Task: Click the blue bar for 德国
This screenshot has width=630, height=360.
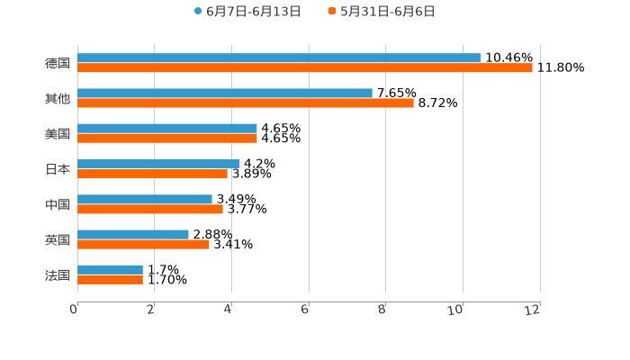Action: point(279,58)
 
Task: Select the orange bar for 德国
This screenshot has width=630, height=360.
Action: point(305,68)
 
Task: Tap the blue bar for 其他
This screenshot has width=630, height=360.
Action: point(225,94)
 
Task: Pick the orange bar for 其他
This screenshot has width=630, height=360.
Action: point(246,103)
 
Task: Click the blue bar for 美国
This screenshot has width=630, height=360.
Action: point(167,129)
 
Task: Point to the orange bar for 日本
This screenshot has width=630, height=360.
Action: point(153,174)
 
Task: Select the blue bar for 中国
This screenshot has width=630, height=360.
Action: point(145,200)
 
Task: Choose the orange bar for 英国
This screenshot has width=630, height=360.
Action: point(144,244)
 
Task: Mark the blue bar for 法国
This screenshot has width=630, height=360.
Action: point(111,270)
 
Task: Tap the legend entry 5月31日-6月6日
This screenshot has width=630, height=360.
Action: point(387,12)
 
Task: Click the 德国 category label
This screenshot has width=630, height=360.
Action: point(58,64)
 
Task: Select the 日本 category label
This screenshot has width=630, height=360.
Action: point(58,169)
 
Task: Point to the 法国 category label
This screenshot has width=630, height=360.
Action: point(58,275)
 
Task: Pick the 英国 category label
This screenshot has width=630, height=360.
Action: point(58,240)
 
